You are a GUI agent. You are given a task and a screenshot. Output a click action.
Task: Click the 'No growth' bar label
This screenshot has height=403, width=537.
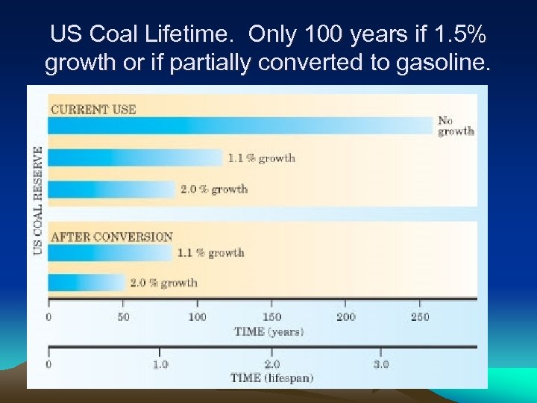pos(455,125)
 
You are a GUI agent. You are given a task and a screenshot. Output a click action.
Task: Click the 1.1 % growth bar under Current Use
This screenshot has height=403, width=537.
pos(135,157)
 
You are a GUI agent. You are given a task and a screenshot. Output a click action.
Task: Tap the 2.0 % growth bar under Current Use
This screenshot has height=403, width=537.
pos(111,189)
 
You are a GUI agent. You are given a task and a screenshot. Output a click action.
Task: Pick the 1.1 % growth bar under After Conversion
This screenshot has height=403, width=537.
pos(110,253)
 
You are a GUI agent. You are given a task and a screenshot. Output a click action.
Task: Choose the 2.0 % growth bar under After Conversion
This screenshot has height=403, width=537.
pos(86,283)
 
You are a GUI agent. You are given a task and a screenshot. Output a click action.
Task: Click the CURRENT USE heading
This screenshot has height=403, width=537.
pos(93,109)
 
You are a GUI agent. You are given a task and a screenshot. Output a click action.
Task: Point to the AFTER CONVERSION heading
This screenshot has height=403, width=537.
pos(111,237)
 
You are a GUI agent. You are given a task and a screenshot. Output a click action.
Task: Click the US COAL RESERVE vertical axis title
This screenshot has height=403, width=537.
pos(38,200)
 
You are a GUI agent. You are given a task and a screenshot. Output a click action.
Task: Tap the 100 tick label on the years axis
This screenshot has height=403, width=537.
pos(197,317)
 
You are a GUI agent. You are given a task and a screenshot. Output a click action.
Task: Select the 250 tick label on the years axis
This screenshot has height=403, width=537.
pos(420,317)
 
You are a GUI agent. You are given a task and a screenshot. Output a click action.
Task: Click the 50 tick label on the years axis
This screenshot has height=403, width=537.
pos(123,317)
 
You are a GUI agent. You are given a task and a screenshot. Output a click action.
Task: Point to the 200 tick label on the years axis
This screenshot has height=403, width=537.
pos(345,317)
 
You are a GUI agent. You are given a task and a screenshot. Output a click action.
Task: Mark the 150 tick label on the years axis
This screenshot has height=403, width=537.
pos(271,317)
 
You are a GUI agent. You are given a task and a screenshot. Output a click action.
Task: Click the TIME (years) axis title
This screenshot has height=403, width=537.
pos(269,331)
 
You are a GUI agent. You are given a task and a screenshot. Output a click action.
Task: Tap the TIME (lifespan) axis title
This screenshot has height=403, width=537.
pos(271,378)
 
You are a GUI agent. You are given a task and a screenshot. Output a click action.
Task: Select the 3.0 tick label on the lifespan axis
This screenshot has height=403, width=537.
pos(380,364)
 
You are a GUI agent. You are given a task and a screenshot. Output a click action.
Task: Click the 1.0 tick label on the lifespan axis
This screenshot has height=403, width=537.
pos(160,364)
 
